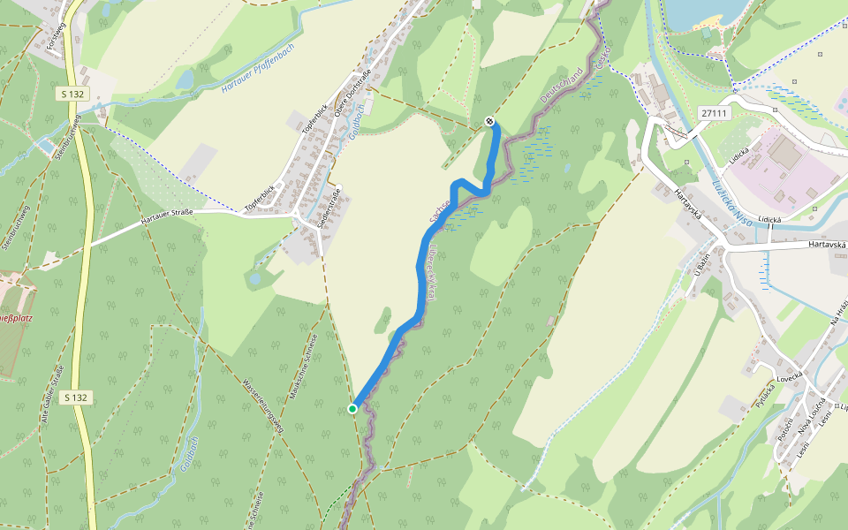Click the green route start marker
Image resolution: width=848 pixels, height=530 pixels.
click(352, 408)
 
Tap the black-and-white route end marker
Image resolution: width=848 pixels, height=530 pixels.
click(489, 121)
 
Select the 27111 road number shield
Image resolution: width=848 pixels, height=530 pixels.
click(714, 113)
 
